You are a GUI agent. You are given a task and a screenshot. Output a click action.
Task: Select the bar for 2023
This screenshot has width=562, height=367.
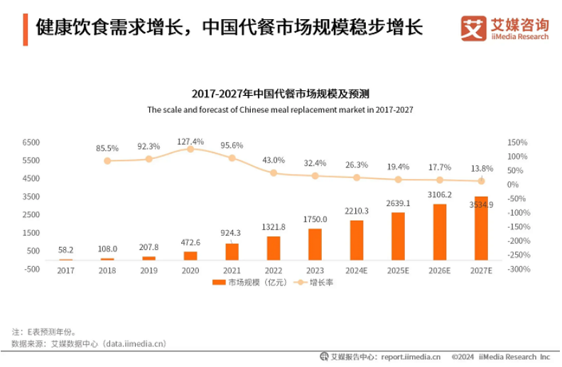click(x=315, y=244)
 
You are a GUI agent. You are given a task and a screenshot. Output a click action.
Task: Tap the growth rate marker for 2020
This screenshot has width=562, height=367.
click(x=190, y=149)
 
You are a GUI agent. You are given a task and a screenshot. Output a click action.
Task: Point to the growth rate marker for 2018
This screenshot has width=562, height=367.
click(x=107, y=161)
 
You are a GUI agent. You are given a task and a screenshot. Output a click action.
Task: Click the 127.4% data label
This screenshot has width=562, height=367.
click(x=190, y=141)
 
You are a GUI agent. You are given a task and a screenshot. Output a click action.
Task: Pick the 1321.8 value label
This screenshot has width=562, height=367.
click(x=273, y=227)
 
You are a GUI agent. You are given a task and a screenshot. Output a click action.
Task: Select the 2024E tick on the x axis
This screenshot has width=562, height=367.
click(x=357, y=271)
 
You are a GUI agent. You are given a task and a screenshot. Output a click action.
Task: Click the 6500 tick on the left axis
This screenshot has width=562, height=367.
click(x=31, y=142)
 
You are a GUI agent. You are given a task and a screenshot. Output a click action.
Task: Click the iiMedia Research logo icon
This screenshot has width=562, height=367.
click(x=472, y=29)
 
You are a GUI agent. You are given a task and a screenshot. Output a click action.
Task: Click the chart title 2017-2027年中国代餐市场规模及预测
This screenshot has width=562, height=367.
click(x=280, y=94)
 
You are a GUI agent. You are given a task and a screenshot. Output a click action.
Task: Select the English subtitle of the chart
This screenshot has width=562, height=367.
click(x=280, y=110)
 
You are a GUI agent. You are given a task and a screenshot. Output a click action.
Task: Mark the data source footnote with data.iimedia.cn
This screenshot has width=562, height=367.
click(x=89, y=344)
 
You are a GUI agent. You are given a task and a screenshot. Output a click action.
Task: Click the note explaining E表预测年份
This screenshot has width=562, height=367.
click(x=44, y=332)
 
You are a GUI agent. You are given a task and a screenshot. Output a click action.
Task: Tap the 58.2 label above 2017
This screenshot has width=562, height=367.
click(x=65, y=251)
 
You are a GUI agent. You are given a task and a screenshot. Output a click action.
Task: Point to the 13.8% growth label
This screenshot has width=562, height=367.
click(x=482, y=169)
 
